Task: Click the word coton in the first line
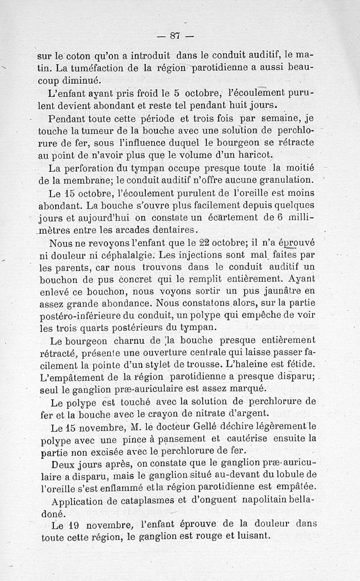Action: [79, 57]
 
